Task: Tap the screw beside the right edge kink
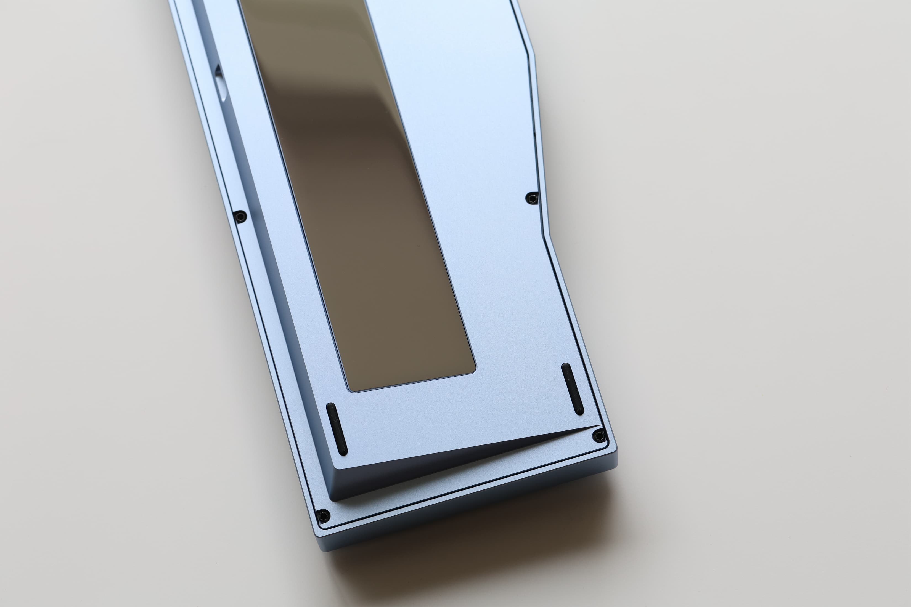[533, 199]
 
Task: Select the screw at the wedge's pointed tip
[599, 436]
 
